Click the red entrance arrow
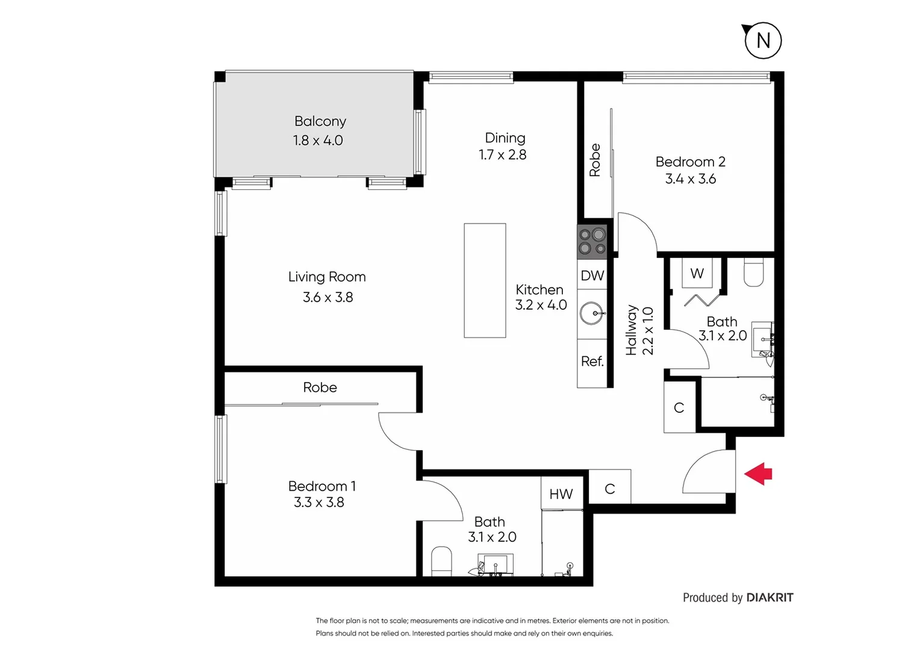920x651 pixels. click(x=759, y=474)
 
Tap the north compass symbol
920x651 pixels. click(x=763, y=40)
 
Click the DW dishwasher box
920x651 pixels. click(x=592, y=275)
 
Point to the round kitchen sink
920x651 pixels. click(x=592, y=313)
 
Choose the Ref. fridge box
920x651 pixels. click(x=592, y=362)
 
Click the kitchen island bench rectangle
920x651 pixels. click(x=485, y=280)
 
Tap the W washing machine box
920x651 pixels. click(x=697, y=273)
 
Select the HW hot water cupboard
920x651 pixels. click(x=561, y=494)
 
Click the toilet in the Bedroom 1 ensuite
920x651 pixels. click(x=441, y=561)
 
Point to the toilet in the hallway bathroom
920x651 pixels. click(x=754, y=272)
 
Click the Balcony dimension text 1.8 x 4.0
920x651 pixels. click(x=318, y=140)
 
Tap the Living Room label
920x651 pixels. click(x=327, y=277)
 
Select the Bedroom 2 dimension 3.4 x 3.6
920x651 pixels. click(x=691, y=179)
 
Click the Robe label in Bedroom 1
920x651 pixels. click(x=320, y=388)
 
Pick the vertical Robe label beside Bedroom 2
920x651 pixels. click(x=595, y=160)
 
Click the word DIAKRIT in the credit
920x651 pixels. click(x=769, y=597)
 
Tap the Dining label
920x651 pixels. click(x=505, y=138)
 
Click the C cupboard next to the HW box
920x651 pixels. click(x=609, y=488)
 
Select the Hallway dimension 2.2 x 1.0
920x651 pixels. click(x=648, y=331)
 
